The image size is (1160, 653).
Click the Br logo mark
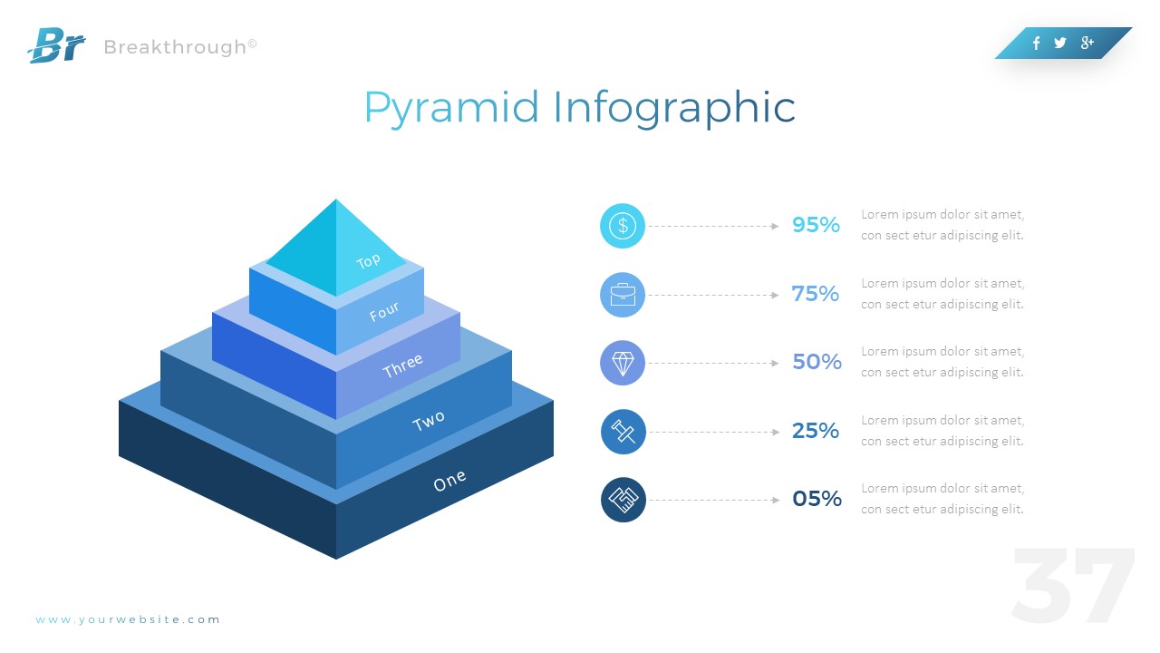click(x=56, y=45)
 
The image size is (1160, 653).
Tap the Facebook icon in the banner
click(x=1036, y=43)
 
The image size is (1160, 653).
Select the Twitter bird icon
click(x=1060, y=43)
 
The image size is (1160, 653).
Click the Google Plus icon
click(x=1087, y=43)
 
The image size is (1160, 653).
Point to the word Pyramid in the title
click(x=451, y=109)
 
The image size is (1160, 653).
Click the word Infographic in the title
click(x=674, y=109)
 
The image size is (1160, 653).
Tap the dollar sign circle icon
click(x=623, y=226)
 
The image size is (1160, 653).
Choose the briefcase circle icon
click(x=623, y=295)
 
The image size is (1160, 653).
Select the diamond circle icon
click(x=623, y=363)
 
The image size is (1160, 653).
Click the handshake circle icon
click(x=623, y=500)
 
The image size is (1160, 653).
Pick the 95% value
click(x=816, y=225)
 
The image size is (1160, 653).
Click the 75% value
click(x=816, y=294)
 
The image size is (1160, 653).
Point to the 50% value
click(x=817, y=362)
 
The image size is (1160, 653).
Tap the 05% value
click(x=817, y=499)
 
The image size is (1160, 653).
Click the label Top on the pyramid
click(x=369, y=261)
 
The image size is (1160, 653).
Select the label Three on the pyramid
click(x=402, y=365)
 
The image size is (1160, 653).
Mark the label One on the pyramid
click(x=449, y=481)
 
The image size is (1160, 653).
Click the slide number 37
click(x=1073, y=585)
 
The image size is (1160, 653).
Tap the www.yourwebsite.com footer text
click(x=128, y=619)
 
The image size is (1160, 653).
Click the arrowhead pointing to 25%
click(x=775, y=432)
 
